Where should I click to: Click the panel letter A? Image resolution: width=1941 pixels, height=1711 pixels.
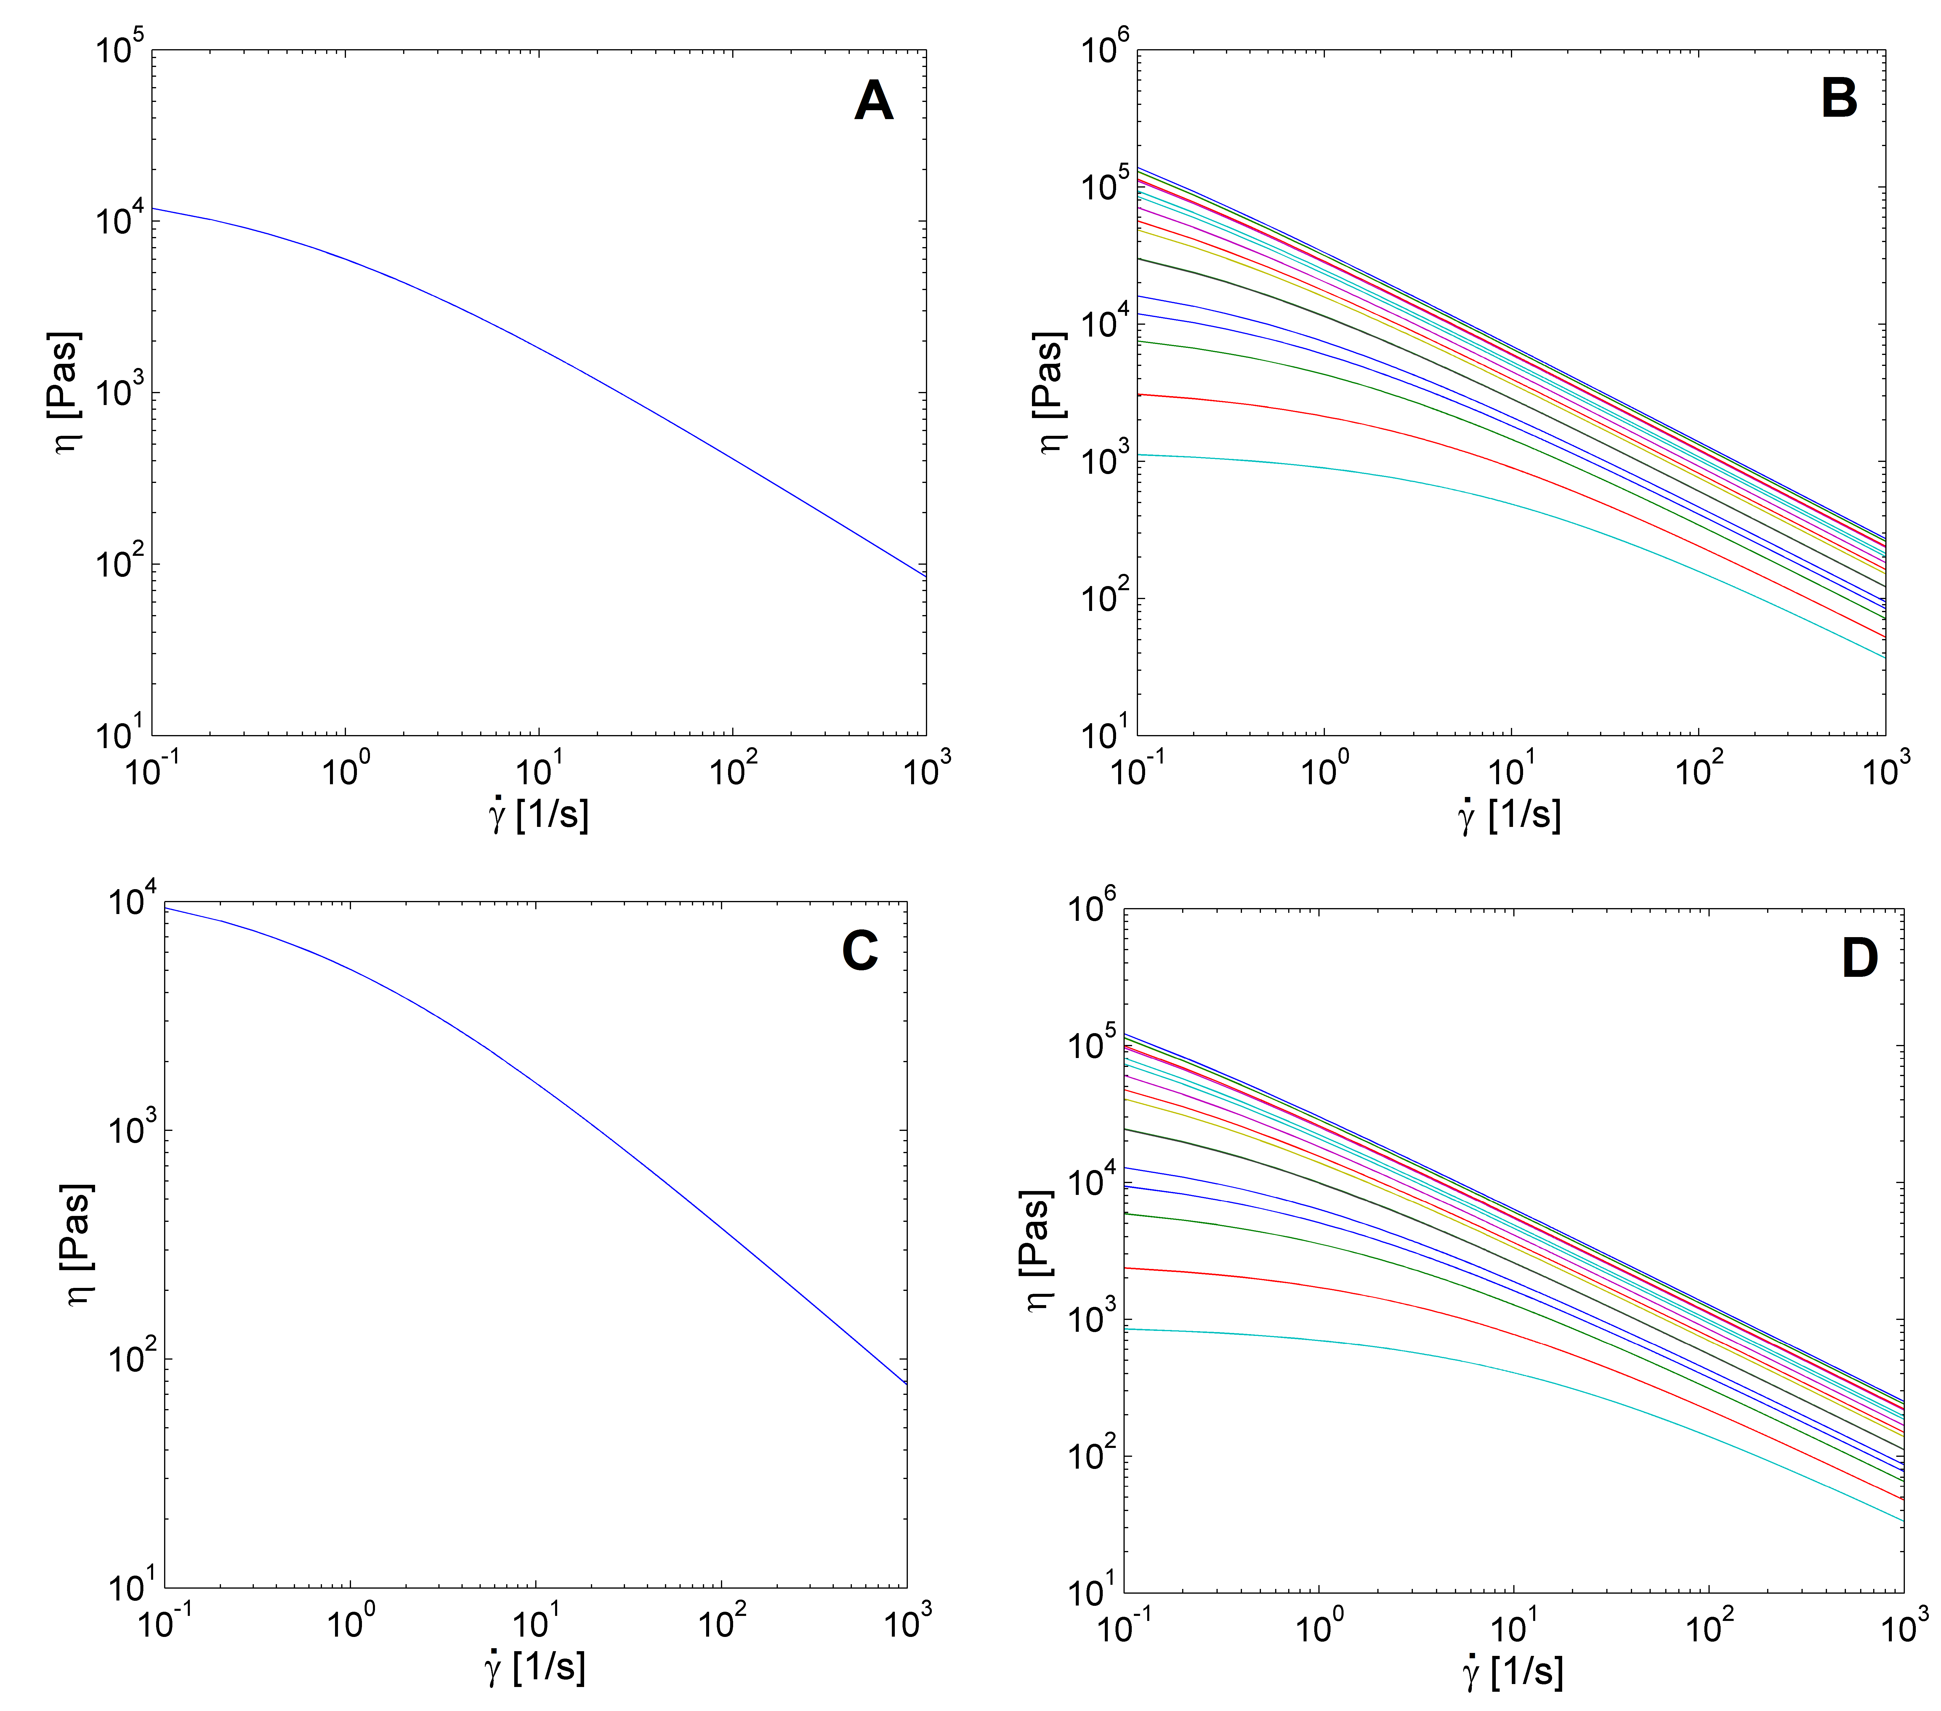(873, 101)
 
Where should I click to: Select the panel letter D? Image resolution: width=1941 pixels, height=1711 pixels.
(1859, 958)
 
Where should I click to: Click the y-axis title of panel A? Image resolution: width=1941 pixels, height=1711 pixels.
(68, 392)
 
